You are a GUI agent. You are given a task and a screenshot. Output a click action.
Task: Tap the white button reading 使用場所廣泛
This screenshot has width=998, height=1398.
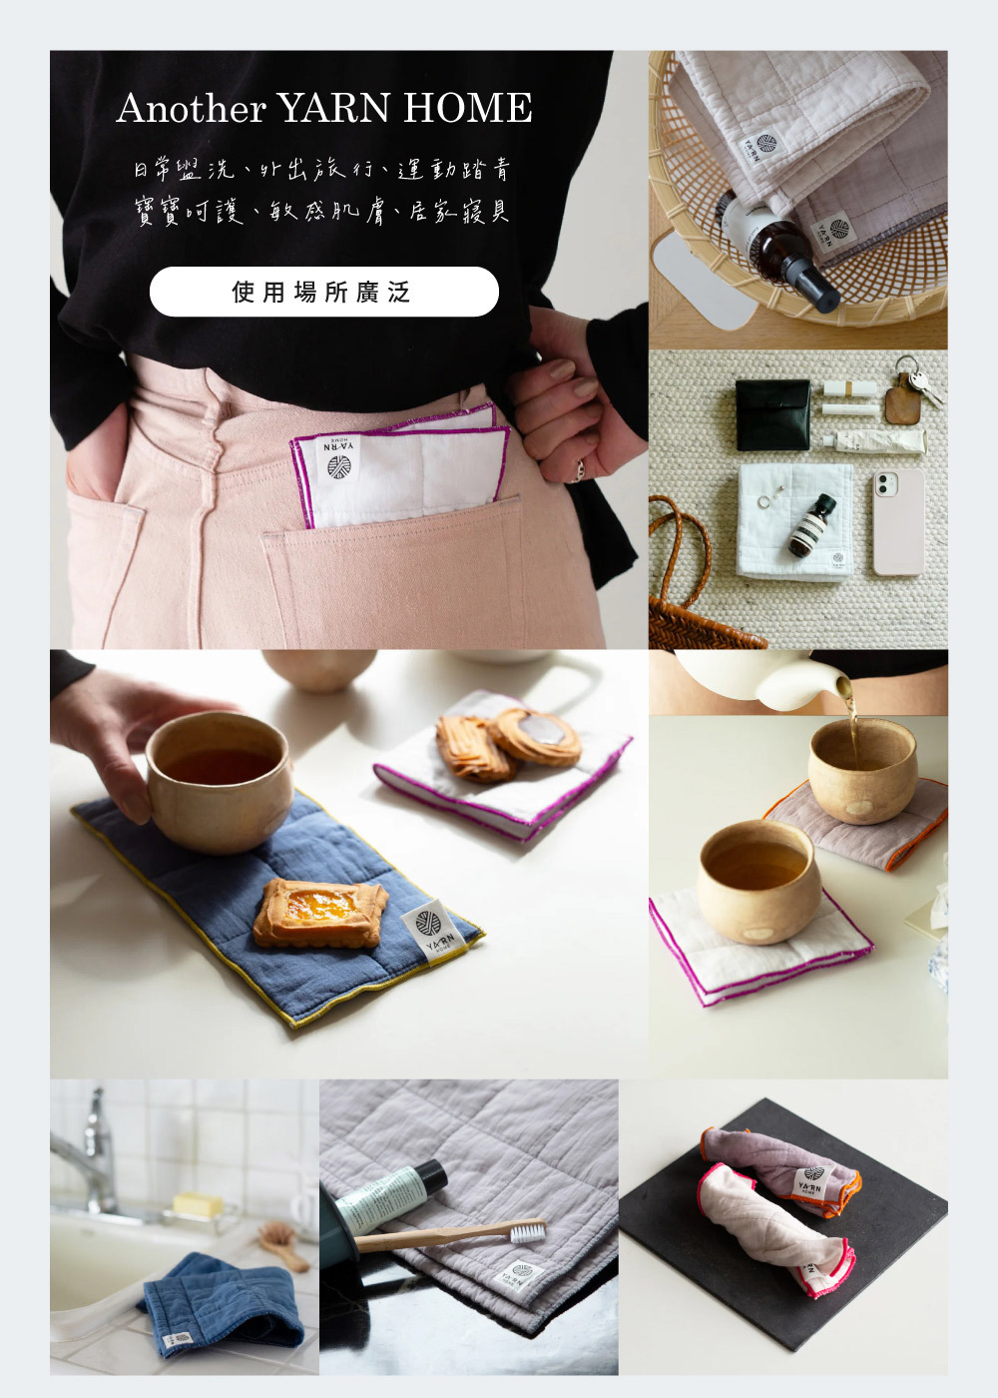click(323, 292)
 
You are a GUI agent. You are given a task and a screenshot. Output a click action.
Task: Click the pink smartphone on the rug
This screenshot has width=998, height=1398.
click(897, 522)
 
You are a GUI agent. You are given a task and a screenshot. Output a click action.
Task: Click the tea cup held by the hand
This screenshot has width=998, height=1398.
click(219, 780)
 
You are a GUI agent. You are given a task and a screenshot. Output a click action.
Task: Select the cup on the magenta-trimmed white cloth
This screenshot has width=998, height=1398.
click(758, 880)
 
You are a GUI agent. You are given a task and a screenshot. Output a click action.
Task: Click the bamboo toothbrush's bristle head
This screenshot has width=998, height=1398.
click(528, 1231)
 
